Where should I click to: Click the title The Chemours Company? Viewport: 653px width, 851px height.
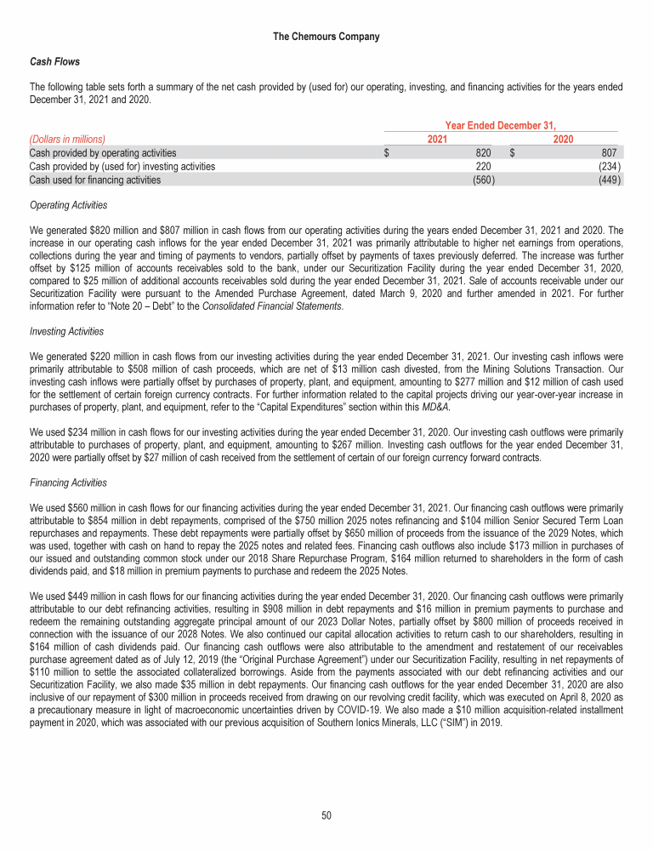click(326, 37)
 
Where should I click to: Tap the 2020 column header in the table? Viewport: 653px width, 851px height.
click(562, 139)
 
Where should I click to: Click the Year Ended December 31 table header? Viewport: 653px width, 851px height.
click(500, 126)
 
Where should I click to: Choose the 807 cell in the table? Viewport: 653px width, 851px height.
click(612, 152)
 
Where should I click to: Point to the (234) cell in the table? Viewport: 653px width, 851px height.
click(610, 166)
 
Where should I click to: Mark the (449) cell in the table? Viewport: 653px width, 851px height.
click(610, 180)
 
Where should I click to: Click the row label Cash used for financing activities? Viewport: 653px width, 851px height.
click(94, 180)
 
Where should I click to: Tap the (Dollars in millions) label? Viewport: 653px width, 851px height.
click(67, 139)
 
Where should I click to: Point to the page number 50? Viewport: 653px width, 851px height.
click(326, 816)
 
